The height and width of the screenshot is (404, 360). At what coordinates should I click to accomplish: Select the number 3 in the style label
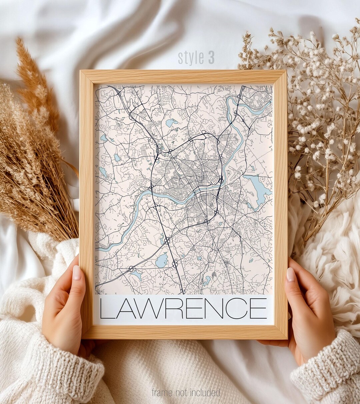(211, 57)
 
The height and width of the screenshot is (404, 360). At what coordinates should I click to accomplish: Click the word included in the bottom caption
(206, 392)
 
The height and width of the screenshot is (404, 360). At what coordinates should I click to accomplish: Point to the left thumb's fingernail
(77, 272)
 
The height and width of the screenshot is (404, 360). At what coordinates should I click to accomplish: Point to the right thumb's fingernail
(291, 274)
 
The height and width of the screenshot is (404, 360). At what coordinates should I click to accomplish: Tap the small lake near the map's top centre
(172, 123)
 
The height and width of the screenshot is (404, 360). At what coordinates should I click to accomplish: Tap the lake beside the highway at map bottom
(162, 260)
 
